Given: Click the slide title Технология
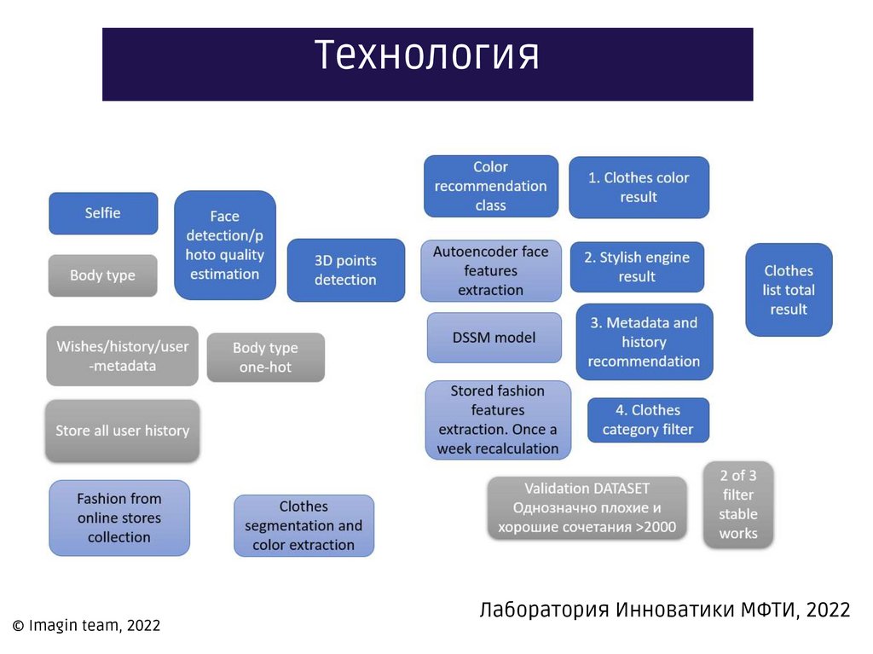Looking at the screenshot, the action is [427, 57].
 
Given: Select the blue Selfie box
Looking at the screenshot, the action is [103, 213].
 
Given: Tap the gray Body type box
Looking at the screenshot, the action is [103, 275].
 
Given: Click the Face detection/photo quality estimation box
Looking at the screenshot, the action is [225, 246].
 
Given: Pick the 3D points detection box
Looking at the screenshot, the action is [345, 270].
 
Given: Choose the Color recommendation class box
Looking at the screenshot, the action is [490, 186].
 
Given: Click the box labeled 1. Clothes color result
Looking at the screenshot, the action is [639, 188].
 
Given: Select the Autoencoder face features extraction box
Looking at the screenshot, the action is [491, 270].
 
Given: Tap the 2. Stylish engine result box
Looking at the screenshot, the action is [637, 267].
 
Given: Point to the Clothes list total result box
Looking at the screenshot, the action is [789, 290].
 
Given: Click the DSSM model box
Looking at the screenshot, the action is [494, 338].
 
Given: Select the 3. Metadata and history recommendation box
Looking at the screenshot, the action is [644, 342].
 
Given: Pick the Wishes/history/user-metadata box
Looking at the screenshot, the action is [123, 356].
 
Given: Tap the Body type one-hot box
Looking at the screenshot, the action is [265, 358].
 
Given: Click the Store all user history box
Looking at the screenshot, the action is [123, 431].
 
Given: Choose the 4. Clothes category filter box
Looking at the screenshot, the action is [648, 420].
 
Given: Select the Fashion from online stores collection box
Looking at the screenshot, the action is [119, 518].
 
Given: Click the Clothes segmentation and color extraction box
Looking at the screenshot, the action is [304, 526].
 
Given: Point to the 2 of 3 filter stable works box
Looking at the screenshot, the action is [737, 504].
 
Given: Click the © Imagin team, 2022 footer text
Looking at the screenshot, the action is [86, 626].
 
